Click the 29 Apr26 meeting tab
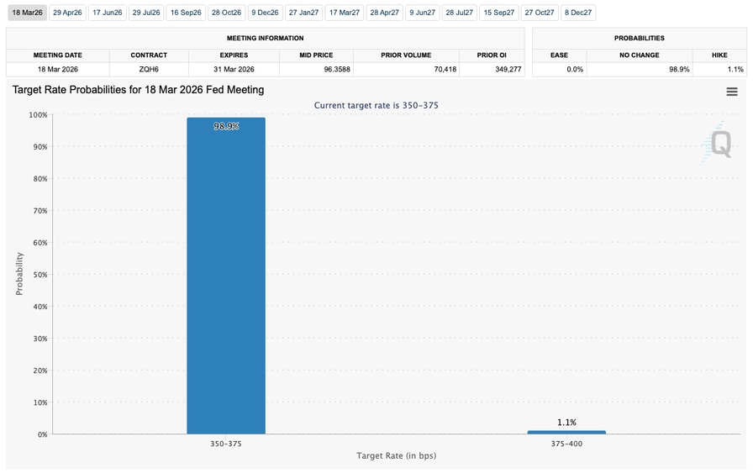tap(66, 13)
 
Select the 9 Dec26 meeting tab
tap(265, 13)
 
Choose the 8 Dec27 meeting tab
tap(578, 13)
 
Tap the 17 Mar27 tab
tap(344, 13)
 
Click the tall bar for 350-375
tap(226, 277)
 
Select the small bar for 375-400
tap(566, 432)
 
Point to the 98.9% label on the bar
tap(226, 127)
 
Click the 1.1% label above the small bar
tap(566, 423)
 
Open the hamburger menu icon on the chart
tap(732, 92)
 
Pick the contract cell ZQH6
tap(149, 69)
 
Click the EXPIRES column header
tap(234, 55)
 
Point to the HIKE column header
tap(719, 55)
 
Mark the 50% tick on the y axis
tap(39, 275)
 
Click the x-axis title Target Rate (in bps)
tap(397, 456)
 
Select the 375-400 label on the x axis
tap(566, 444)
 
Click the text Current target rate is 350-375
tap(376, 105)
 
